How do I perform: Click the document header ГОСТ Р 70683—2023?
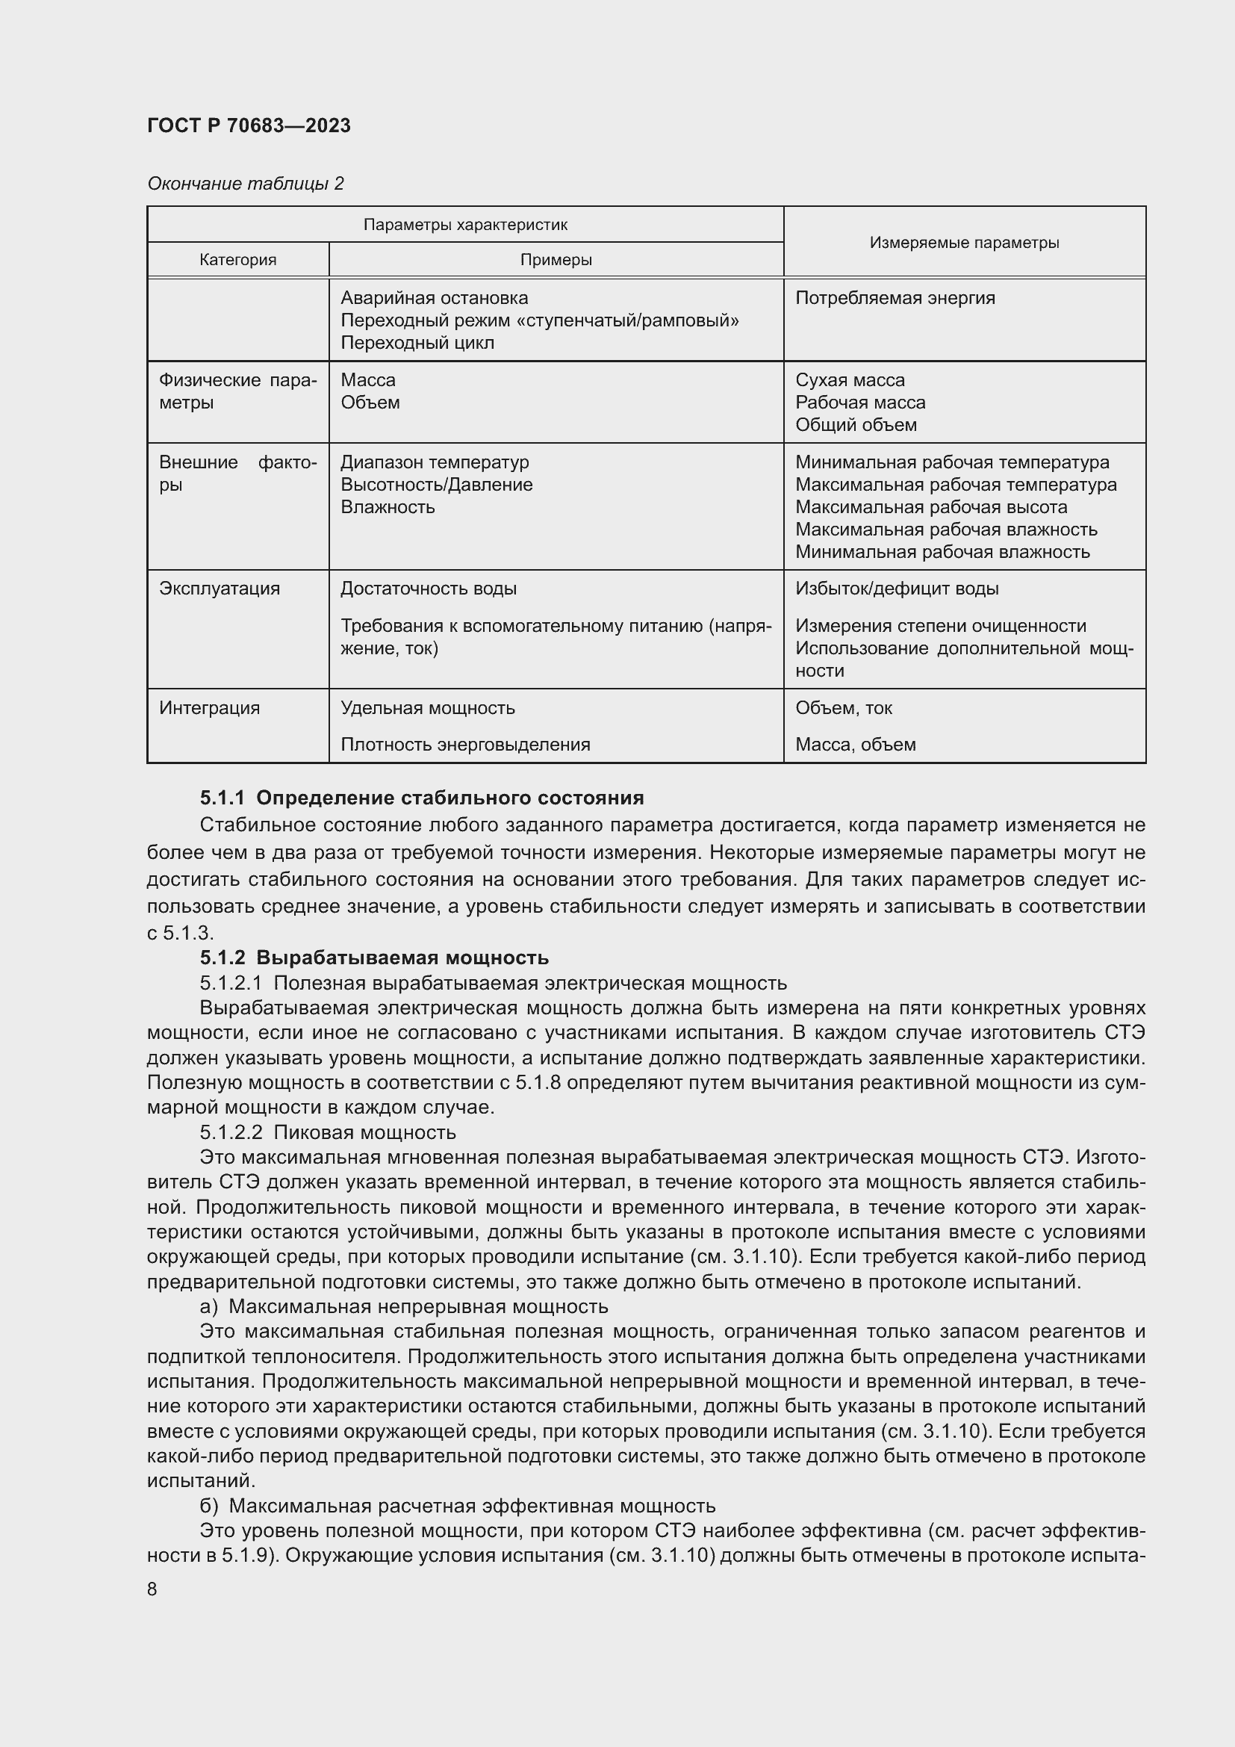click(x=249, y=125)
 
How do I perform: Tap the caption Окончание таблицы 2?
click(x=245, y=184)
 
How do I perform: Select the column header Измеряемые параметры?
click(x=963, y=243)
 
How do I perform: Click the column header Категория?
click(x=238, y=260)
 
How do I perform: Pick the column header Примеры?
click(x=556, y=260)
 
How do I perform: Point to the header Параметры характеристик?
click(x=464, y=226)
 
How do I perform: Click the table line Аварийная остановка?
click(x=435, y=298)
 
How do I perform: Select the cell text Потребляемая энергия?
click(x=895, y=298)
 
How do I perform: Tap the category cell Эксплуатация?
click(x=219, y=589)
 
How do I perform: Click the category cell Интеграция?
click(x=209, y=708)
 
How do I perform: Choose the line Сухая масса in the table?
click(x=850, y=380)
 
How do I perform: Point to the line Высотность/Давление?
click(x=437, y=485)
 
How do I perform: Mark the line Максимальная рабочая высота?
click(x=931, y=507)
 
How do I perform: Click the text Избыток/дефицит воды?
click(x=897, y=589)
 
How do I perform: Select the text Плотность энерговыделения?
click(x=464, y=745)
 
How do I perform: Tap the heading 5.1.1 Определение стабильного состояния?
click(x=421, y=798)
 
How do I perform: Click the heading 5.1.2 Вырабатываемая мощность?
click(x=373, y=958)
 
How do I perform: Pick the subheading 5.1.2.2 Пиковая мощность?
click(x=327, y=1132)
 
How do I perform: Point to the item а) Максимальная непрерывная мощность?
click(x=403, y=1306)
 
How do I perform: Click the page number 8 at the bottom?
click(x=152, y=1589)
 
